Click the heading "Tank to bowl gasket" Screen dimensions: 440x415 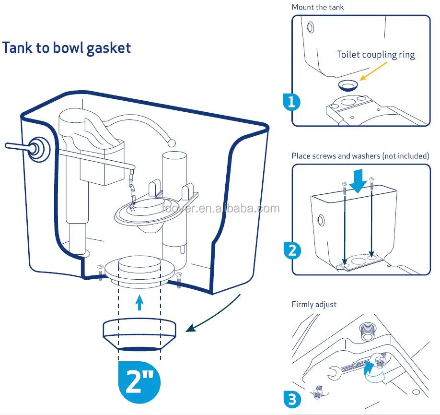click(x=67, y=48)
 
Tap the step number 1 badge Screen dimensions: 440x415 click(x=291, y=102)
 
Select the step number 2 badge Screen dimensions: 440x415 click(x=292, y=250)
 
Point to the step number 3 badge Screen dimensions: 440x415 click(x=292, y=399)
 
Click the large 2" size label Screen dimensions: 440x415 click(x=139, y=382)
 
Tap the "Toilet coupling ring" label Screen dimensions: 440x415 click(x=375, y=55)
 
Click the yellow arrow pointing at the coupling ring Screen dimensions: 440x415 click(x=373, y=71)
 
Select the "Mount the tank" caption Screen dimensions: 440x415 click(x=318, y=7)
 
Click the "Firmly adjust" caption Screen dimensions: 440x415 click(x=314, y=305)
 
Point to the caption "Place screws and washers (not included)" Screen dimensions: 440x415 click(x=360, y=156)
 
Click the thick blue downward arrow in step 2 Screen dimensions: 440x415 click(x=359, y=181)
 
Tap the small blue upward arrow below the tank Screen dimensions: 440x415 click(x=139, y=302)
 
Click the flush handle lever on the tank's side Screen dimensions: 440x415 click(x=27, y=148)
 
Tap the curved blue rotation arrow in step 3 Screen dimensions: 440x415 click(x=375, y=373)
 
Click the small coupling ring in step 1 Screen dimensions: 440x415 click(x=349, y=85)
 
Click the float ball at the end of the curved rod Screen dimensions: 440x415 click(x=172, y=143)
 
